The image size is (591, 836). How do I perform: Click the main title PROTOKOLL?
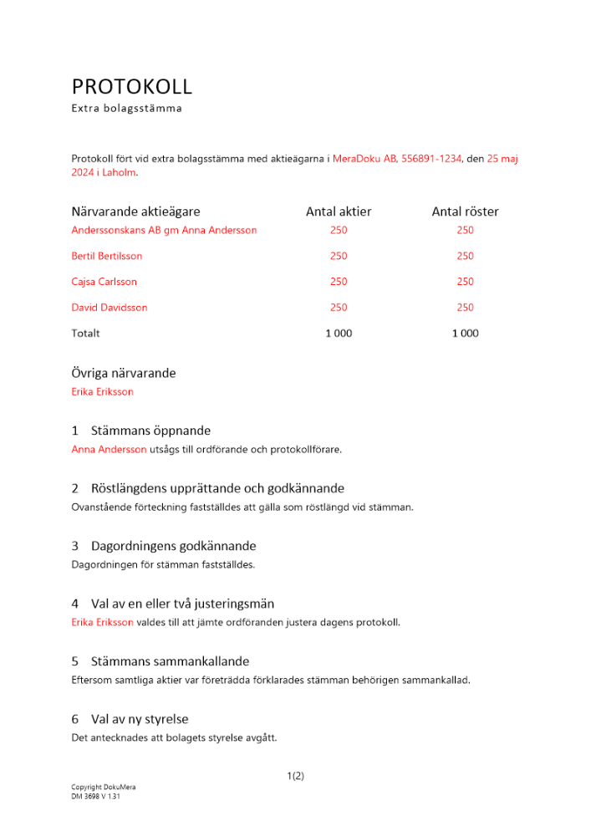pyautogui.click(x=132, y=86)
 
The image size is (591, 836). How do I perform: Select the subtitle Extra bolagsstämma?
pyautogui.click(x=126, y=108)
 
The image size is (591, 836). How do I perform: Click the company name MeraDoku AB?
pyautogui.click(x=364, y=158)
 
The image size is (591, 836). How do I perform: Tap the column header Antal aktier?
pyautogui.click(x=339, y=212)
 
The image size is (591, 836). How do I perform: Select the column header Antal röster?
pyautogui.click(x=465, y=212)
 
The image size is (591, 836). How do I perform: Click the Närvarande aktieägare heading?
pyautogui.click(x=135, y=212)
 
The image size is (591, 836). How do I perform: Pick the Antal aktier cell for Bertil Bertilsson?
pyautogui.click(x=339, y=256)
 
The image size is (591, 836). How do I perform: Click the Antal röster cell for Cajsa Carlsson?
pyautogui.click(x=465, y=282)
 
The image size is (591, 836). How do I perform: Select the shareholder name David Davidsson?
pyautogui.click(x=110, y=308)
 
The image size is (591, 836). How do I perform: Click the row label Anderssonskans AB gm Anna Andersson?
pyautogui.click(x=164, y=230)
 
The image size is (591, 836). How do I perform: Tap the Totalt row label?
pyautogui.click(x=85, y=334)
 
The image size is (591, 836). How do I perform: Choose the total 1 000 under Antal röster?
pyautogui.click(x=465, y=334)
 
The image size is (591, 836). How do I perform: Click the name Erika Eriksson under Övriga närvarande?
pyautogui.click(x=102, y=391)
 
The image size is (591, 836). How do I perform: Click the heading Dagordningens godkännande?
pyautogui.click(x=173, y=546)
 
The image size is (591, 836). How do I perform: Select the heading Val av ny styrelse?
pyautogui.click(x=140, y=719)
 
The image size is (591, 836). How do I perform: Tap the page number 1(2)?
pyautogui.click(x=295, y=776)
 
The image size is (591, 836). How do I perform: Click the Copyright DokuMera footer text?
pyautogui.click(x=103, y=788)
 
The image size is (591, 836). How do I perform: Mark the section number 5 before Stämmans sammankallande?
pyautogui.click(x=75, y=661)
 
